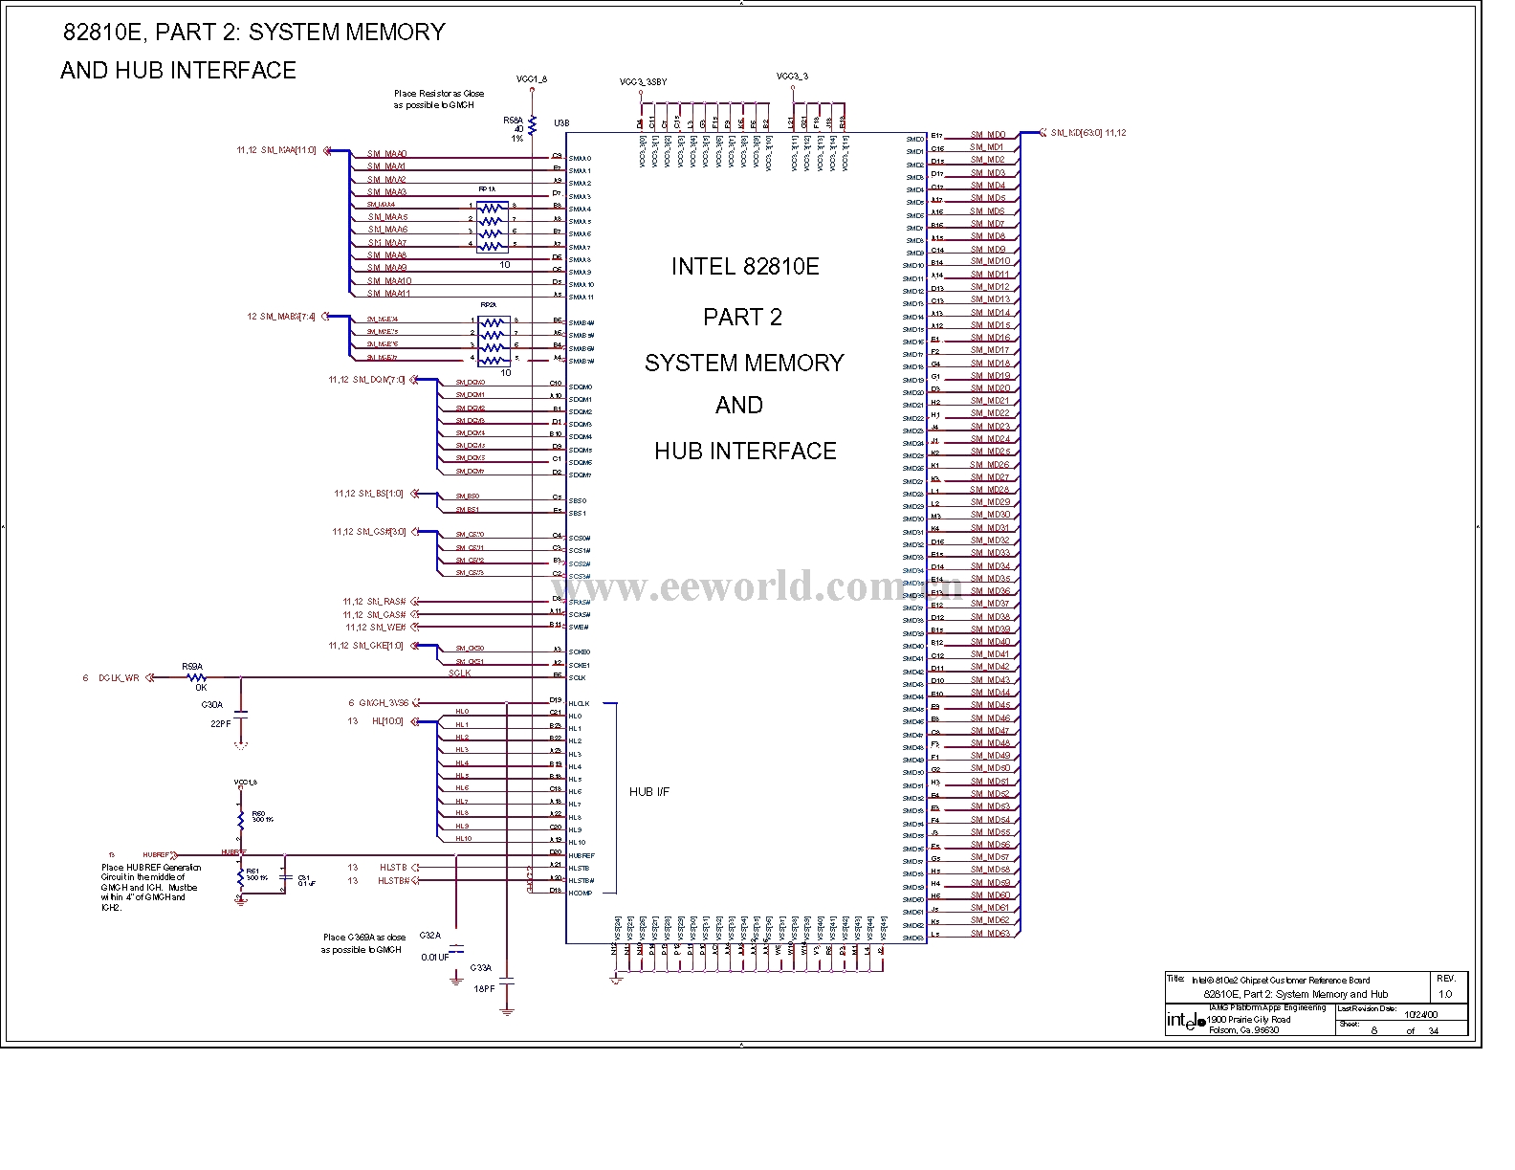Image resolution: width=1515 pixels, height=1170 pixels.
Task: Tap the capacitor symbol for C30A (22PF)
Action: pos(240,713)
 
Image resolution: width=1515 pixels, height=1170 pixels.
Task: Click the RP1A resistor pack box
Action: pos(491,226)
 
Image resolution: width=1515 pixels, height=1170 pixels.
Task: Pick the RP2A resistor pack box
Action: pos(492,341)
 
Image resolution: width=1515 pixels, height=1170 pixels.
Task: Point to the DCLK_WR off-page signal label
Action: pos(119,678)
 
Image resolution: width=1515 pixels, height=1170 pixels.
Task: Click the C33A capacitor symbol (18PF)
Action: pos(507,982)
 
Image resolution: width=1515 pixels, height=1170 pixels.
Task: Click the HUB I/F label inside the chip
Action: pos(649,792)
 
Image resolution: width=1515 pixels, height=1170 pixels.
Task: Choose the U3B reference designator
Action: pos(561,122)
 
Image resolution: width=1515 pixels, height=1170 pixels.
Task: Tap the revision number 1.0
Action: pos(1444,994)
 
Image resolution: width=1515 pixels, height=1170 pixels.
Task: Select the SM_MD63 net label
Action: pos(990,934)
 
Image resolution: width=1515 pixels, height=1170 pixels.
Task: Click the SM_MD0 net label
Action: pos(987,136)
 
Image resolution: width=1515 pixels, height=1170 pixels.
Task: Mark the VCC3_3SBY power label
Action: pos(643,82)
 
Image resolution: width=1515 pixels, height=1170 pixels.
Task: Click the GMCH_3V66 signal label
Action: pos(384,703)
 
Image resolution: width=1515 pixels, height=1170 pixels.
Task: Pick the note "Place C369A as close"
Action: pos(363,938)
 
